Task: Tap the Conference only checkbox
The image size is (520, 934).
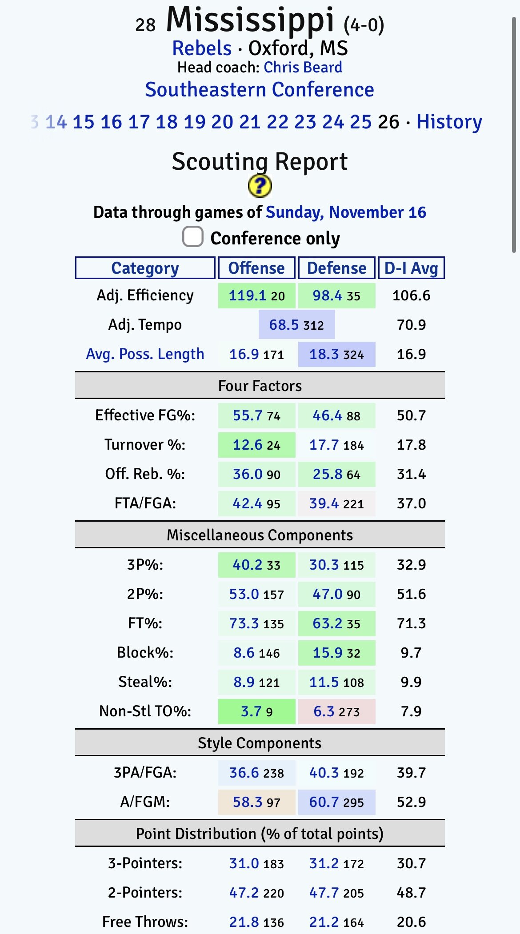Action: [193, 237]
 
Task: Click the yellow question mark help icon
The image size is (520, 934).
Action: [260, 186]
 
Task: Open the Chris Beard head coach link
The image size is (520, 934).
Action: [303, 68]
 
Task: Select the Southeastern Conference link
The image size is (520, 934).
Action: [260, 90]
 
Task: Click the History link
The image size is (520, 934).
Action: [449, 122]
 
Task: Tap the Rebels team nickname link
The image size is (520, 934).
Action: [202, 48]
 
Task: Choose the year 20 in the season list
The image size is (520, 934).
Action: [222, 122]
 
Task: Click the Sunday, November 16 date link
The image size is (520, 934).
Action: [346, 212]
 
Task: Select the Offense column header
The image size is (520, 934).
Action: [256, 268]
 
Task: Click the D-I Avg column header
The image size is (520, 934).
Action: [411, 268]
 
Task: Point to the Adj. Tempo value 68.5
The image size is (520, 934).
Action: [284, 325]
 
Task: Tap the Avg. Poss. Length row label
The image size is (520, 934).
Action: [145, 354]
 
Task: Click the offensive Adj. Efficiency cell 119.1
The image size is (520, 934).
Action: [248, 295]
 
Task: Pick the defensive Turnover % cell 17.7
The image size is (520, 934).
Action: [324, 445]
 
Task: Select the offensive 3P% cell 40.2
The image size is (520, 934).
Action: [248, 565]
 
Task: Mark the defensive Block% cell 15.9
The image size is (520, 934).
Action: [328, 653]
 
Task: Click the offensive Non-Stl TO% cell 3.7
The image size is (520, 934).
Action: [251, 711]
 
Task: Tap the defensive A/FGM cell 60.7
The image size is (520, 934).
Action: [324, 802]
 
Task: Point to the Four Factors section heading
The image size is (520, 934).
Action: [260, 386]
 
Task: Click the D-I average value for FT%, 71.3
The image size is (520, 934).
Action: [411, 623]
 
